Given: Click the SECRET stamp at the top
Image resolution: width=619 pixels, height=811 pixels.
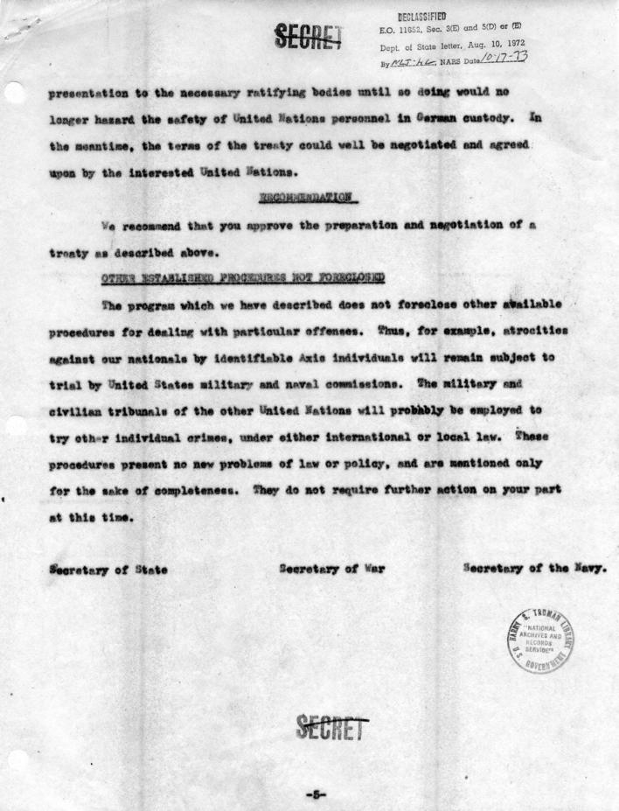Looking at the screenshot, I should pyautogui.click(x=307, y=35).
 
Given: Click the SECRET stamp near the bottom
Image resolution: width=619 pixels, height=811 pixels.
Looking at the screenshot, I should pyautogui.click(x=330, y=726).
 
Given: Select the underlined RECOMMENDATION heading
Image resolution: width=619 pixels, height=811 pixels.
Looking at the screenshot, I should pyautogui.click(x=309, y=199).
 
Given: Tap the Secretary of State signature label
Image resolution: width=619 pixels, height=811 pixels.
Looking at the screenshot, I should pyautogui.click(x=108, y=570).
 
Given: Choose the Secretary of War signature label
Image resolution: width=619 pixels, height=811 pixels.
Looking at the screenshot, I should pyautogui.click(x=332, y=570).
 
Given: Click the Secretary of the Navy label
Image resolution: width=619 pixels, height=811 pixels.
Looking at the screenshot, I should pyautogui.click(x=535, y=570).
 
